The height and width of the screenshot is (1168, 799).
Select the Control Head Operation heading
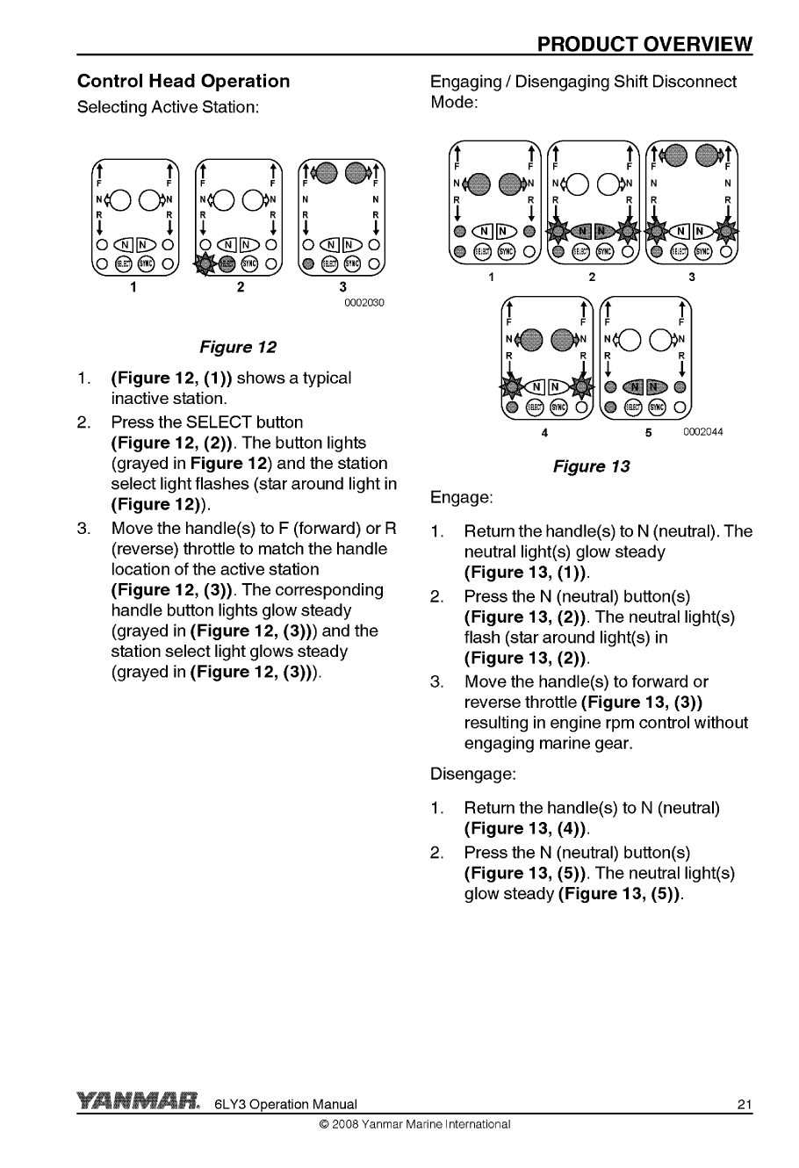coord(184,82)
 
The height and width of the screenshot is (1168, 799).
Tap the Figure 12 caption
coord(238,347)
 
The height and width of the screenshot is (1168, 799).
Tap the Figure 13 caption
coord(591,466)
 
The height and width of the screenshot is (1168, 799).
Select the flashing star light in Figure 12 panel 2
coord(207,262)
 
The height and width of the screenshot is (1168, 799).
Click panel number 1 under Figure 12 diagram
coord(133,286)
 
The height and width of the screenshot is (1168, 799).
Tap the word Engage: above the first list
coord(461,498)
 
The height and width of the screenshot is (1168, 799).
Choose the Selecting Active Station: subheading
coord(168,107)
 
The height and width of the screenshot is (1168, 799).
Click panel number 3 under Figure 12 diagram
coord(342,286)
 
